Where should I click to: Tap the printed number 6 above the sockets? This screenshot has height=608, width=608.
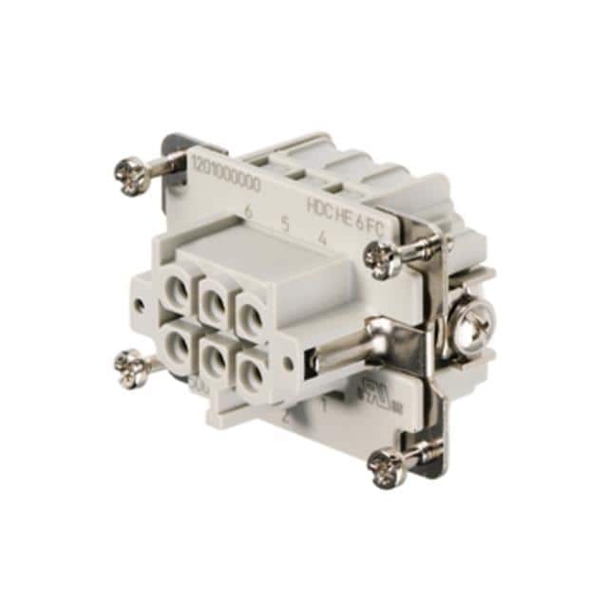248,212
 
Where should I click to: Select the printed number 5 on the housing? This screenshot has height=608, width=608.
284,225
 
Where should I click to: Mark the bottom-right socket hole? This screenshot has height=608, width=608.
252,368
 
